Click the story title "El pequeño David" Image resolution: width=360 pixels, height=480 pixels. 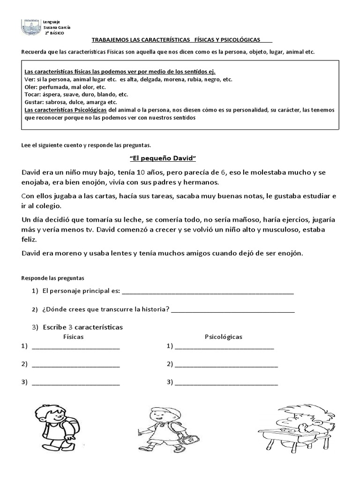pos(162,158)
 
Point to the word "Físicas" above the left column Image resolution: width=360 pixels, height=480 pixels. pos(73,337)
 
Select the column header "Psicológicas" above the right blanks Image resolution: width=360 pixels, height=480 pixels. pos(223,337)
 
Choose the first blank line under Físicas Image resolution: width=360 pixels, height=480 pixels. pos(75,347)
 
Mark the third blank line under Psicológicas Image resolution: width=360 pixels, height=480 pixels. pos(226,382)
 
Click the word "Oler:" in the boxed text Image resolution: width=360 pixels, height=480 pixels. pos(31,87)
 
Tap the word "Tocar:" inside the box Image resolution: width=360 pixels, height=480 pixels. pos(32,94)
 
